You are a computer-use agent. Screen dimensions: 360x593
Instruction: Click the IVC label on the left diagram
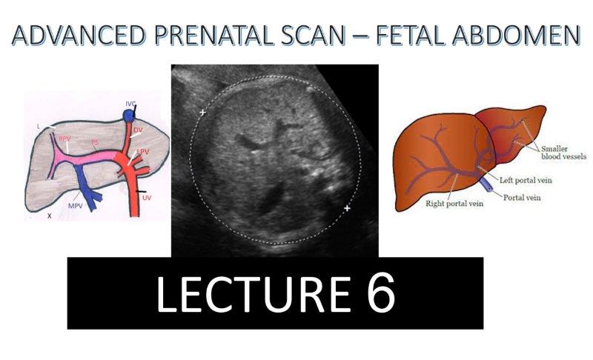pos(131,103)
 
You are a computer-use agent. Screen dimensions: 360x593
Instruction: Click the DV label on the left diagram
pos(138,129)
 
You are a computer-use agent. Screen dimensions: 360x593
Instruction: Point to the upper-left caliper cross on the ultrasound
pos(202,113)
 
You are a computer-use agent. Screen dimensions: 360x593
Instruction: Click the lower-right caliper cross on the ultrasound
pos(347,209)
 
